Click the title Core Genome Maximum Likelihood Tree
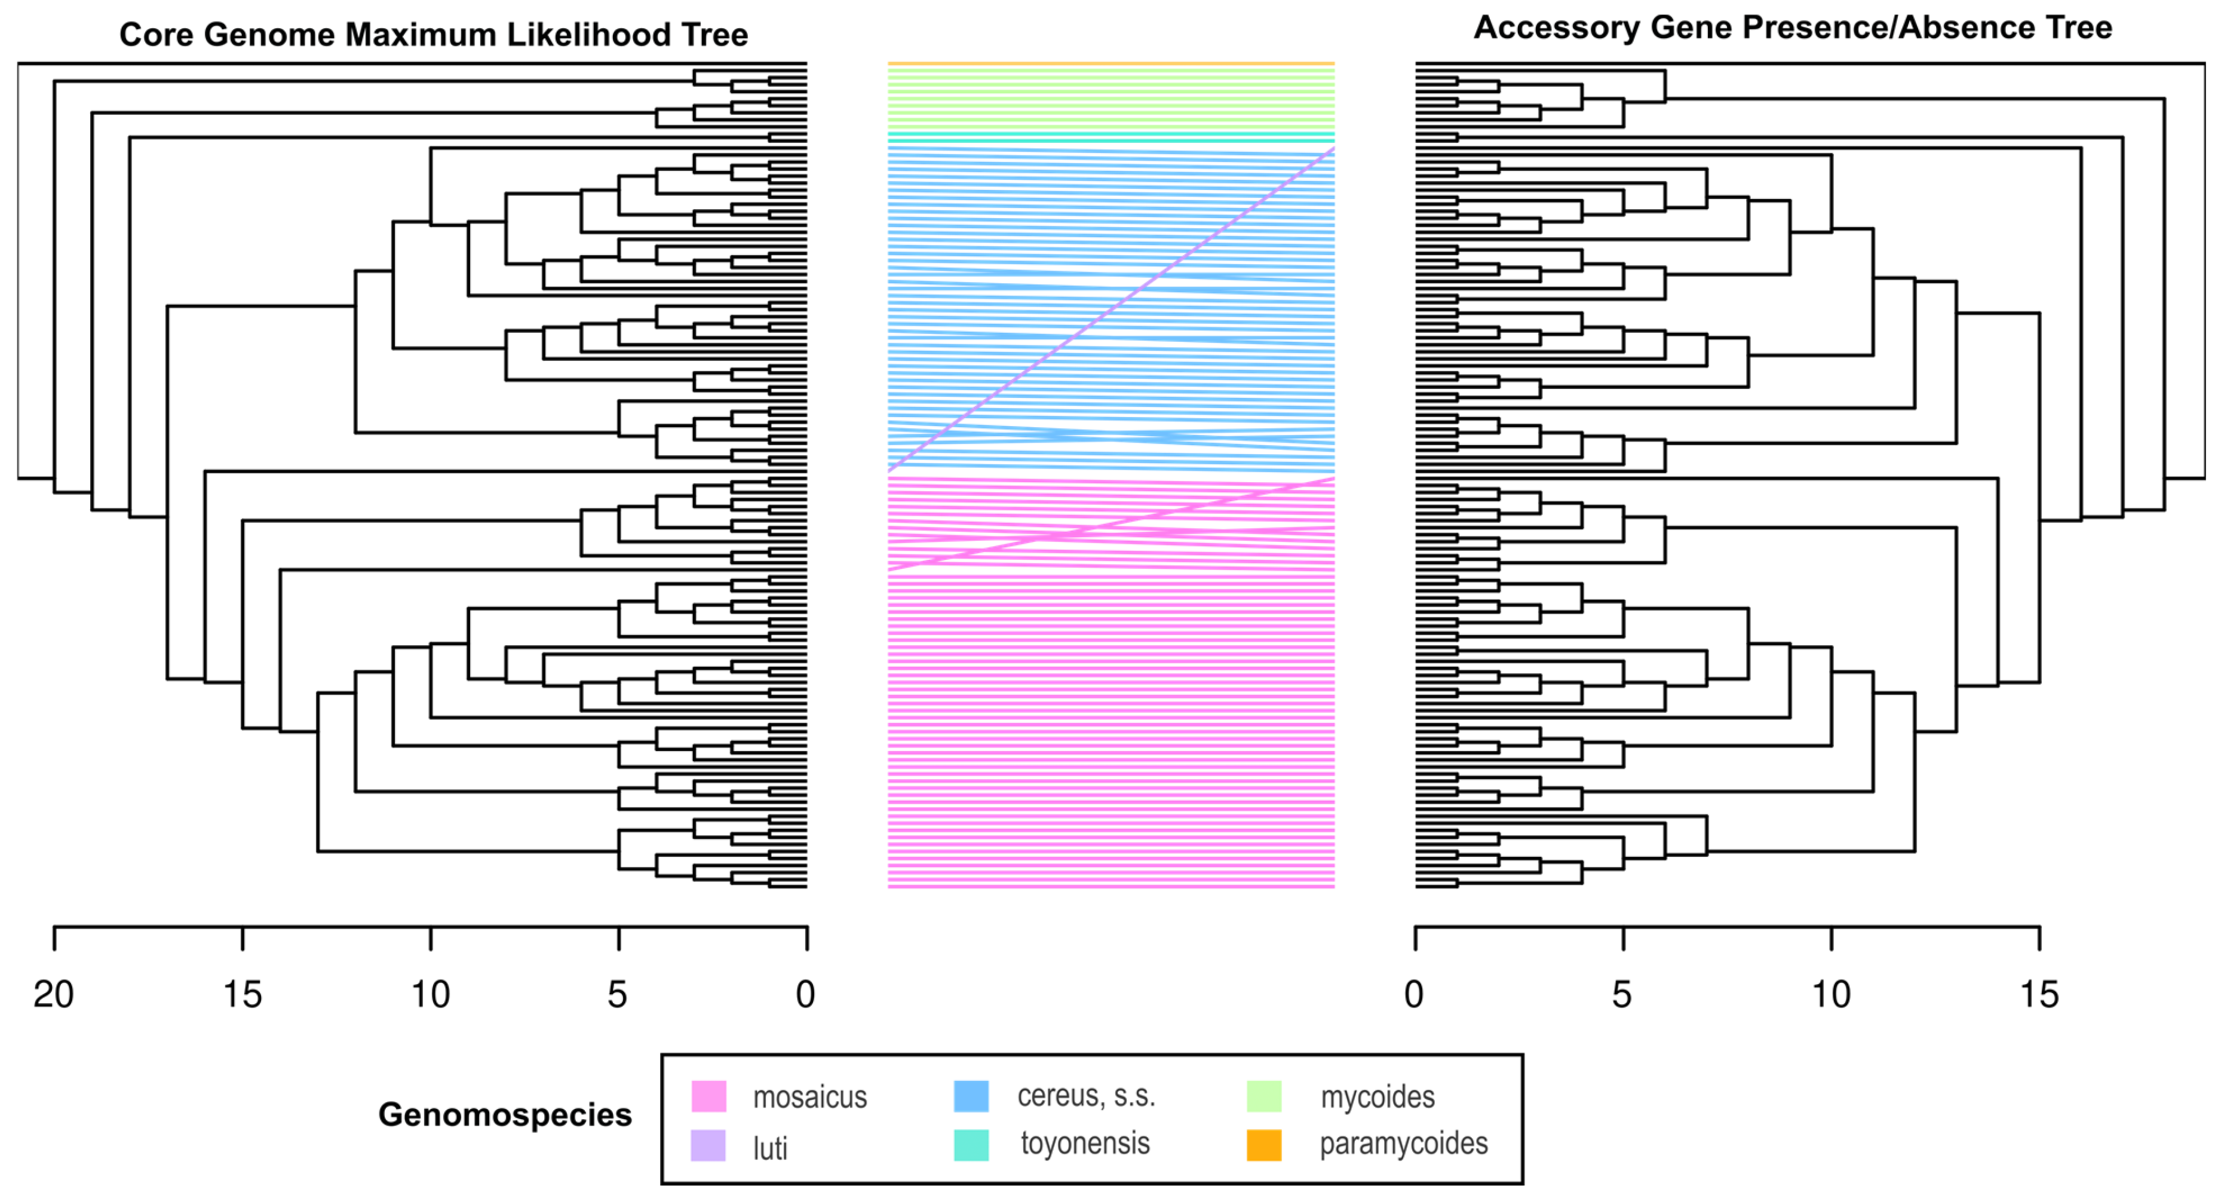pos(433,35)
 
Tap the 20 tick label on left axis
pos(53,994)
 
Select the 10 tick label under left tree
pos(430,994)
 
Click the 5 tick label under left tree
pos(617,994)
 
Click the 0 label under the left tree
pos(805,994)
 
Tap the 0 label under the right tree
pos(1414,994)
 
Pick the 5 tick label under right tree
pos(1622,994)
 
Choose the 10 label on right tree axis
pos(1830,994)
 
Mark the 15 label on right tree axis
pos(2039,994)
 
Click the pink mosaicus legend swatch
pos(708,1096)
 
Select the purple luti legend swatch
pos(708,1146)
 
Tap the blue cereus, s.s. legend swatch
pos(971,1096)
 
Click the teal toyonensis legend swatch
pos(971,1145)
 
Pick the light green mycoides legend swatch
pos(1264,1096)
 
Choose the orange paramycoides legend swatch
pos(1264,1145)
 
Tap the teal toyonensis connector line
pos(1110,138)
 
